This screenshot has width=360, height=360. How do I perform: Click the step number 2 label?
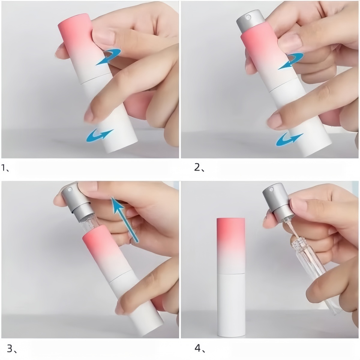199,168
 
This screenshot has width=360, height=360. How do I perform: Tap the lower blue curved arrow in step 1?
99,135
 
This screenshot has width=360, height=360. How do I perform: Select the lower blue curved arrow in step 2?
289,139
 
